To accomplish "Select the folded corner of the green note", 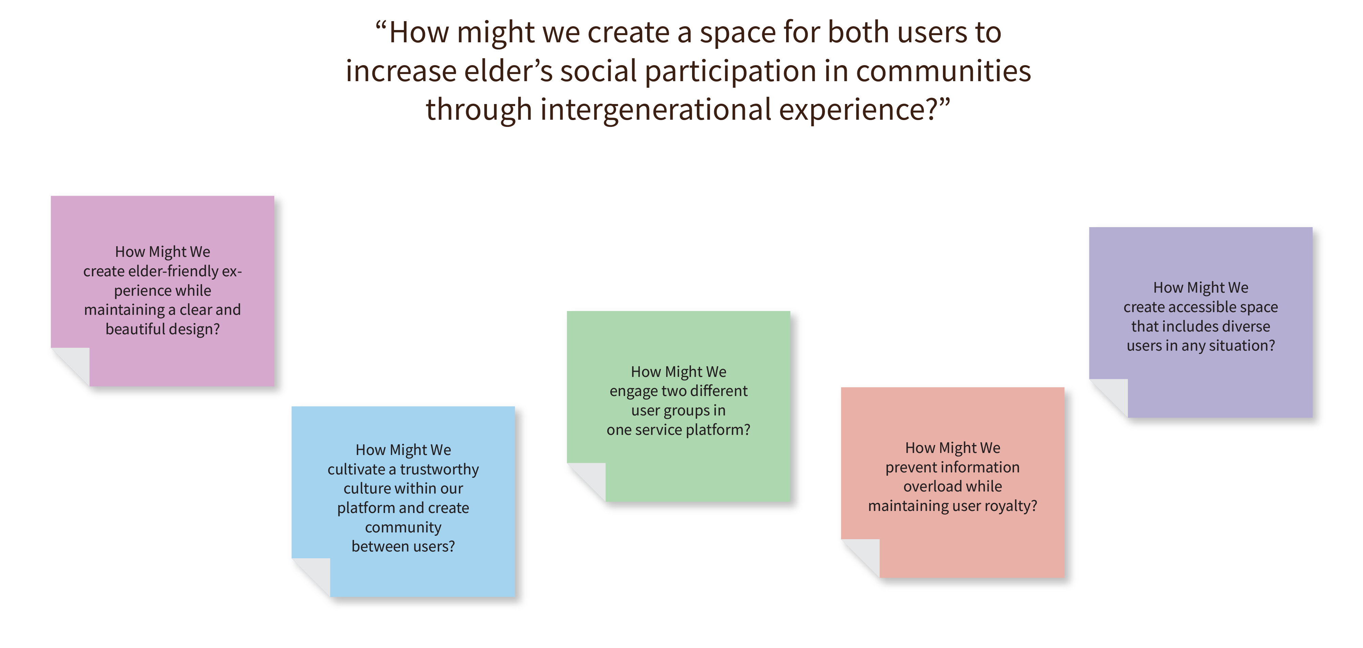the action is pyautogui.click(x=586, y=482).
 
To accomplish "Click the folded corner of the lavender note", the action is pyautogui.click(x=1108, y=398).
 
